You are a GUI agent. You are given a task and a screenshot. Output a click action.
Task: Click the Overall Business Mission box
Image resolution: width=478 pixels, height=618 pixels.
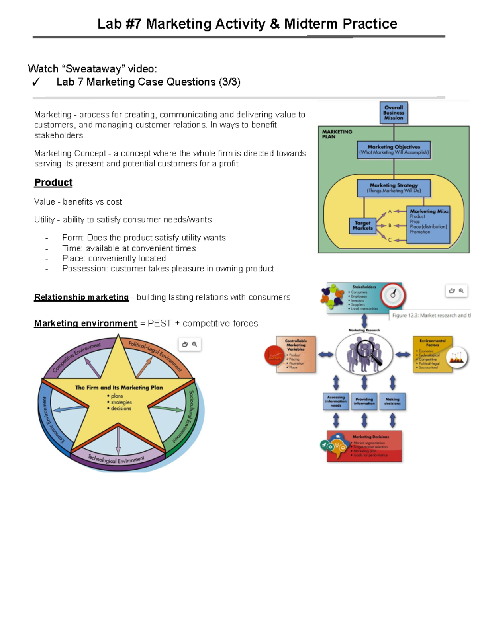point(394,113)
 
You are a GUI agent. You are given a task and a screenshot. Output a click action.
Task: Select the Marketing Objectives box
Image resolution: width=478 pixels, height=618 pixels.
point(394,150)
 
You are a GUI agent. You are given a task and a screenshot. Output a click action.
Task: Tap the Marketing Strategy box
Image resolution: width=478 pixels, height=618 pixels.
point(394,188)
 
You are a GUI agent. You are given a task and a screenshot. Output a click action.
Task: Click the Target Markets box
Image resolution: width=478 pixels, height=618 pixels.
point(362,226)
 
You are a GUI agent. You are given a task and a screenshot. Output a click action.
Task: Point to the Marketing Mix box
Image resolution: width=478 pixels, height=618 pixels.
point(429,224)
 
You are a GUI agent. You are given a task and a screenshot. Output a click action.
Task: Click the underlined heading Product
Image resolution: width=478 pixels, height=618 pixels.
point(53,183)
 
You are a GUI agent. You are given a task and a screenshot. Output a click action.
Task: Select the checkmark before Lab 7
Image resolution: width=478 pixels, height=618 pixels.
point(36,82)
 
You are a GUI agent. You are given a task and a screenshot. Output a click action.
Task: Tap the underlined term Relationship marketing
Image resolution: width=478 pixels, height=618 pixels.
point(81,297)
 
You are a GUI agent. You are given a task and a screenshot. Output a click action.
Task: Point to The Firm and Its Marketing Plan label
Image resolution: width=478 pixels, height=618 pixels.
point(119,388)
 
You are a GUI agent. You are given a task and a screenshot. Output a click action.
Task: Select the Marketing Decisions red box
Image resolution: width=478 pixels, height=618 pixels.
point(364,446)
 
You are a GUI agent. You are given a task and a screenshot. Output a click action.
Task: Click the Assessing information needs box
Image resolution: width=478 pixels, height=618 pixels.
point(336,401)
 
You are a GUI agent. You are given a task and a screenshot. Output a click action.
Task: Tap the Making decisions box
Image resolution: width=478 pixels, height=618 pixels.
point(392,401)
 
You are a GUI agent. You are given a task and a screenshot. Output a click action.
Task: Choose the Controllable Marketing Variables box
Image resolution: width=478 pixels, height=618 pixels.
point(296,354)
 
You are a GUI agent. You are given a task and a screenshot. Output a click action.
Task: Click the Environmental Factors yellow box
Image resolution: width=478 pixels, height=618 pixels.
point(432,354)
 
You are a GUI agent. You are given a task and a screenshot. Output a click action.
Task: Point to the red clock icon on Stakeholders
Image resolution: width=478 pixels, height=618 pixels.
point(393,295)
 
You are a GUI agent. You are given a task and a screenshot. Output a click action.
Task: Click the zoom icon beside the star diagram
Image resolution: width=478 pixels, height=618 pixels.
point(194,344)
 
